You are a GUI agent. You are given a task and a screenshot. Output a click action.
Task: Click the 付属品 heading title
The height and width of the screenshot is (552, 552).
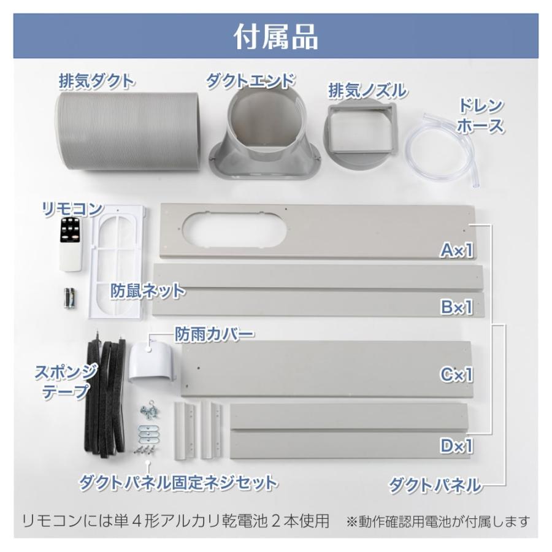275,36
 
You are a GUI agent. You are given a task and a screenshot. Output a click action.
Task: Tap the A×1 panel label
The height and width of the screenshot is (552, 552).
456,250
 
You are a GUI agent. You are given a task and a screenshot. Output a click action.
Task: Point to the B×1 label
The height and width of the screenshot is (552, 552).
456,307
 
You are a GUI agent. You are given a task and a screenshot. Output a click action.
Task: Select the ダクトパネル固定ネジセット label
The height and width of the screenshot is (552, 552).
178,481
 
